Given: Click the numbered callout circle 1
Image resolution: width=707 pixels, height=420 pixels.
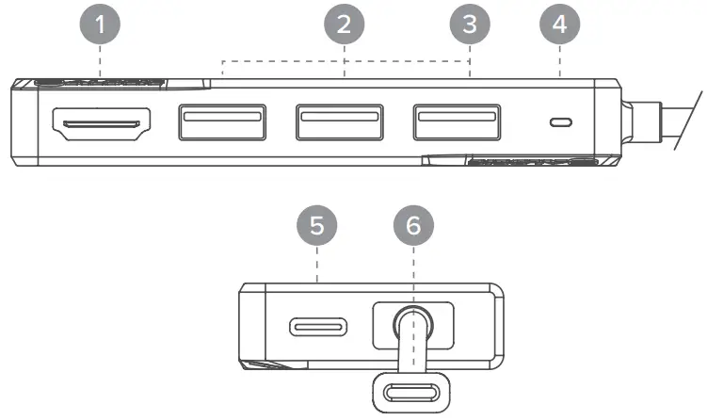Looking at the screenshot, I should pos(101,25).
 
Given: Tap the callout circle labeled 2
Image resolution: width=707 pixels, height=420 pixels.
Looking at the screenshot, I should pos(345,25).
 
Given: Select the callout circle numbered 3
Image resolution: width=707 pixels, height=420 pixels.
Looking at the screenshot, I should pos(470,25).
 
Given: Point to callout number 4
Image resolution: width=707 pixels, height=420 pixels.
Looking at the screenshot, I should pos(561,25).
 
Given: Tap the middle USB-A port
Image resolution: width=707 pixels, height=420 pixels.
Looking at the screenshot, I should pos(340,121).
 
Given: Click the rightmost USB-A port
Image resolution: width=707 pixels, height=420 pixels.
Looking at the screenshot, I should pos(457,121).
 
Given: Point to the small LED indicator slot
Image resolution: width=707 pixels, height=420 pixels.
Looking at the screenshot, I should pos(562,122).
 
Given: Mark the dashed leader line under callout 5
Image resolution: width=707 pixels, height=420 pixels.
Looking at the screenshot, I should pos(318,268).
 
